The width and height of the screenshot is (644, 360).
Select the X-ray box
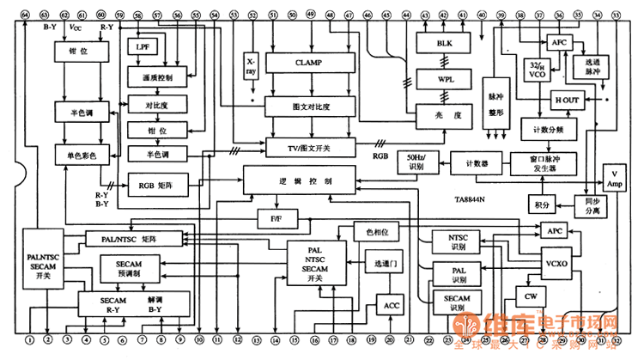point(252,67)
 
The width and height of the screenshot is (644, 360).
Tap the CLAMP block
point(310,63)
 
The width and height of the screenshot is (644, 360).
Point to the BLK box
point(443,42)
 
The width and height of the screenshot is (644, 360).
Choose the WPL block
point(443,78)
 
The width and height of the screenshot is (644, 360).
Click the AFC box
point(558,41)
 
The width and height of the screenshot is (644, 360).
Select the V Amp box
point(615,178)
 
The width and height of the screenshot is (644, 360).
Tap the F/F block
point(275,220)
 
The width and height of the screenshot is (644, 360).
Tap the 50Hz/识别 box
point(417,161)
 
